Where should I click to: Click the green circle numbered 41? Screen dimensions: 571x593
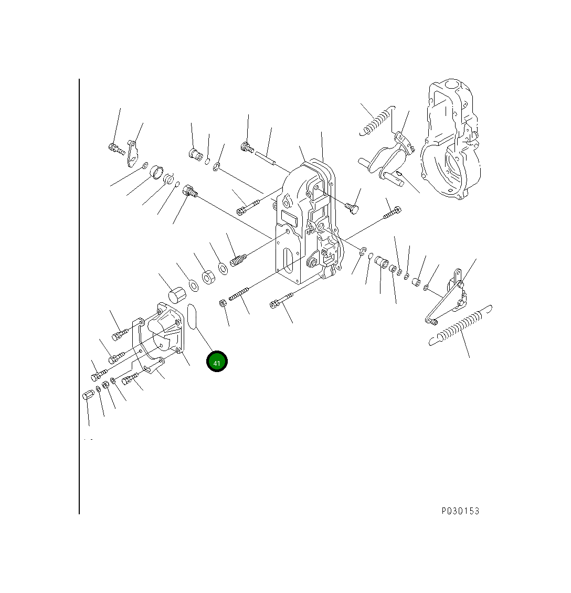pos(217,362)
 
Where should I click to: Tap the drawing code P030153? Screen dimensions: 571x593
pos(460,511)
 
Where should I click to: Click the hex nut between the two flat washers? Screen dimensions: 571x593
pos(208,277)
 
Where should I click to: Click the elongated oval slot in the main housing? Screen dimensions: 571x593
pos(288,261)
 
